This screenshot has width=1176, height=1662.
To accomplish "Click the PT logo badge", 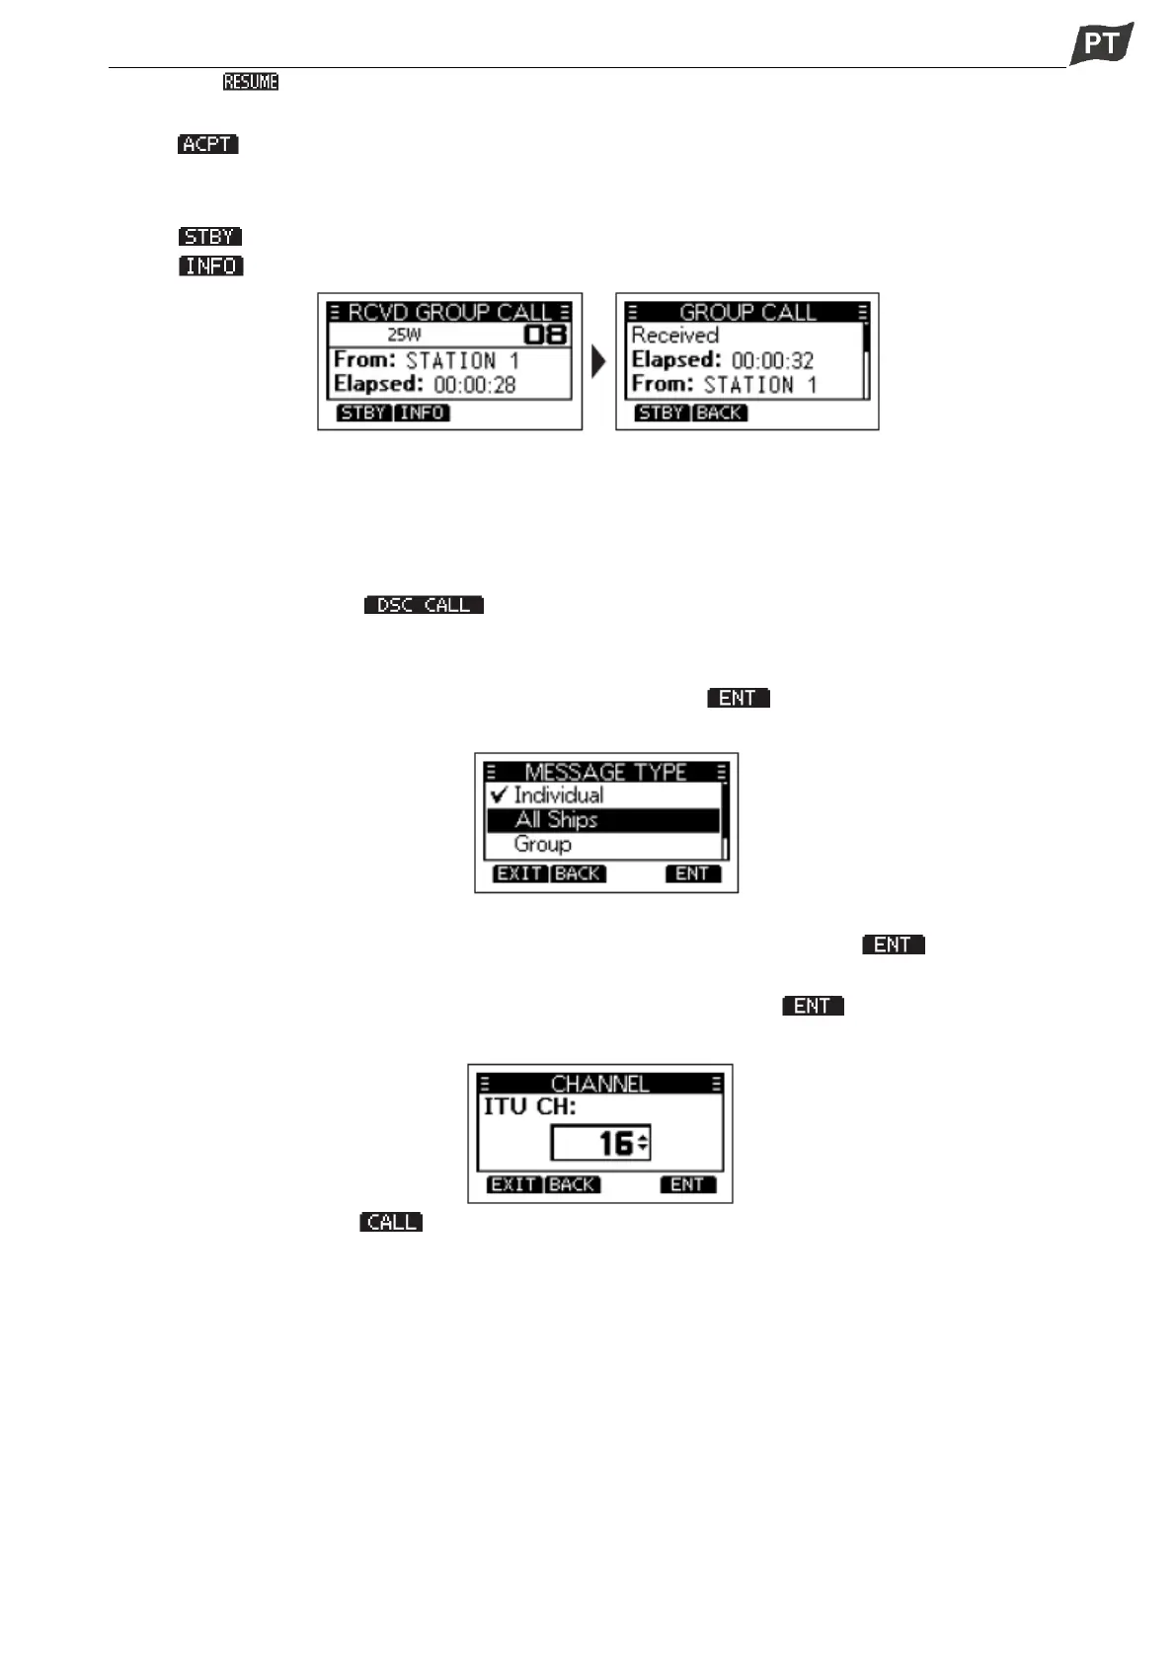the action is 1101,43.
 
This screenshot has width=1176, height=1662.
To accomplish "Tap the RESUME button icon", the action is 251,82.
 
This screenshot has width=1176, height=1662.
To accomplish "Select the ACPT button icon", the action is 208,144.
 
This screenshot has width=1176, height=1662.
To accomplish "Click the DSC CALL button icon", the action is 424,605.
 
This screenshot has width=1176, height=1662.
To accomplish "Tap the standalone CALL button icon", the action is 391,1222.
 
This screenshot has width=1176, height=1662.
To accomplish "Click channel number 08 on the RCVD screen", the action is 546,335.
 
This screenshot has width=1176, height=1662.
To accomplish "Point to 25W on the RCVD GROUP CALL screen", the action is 404,335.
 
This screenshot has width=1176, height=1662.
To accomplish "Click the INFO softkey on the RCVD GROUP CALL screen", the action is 422,413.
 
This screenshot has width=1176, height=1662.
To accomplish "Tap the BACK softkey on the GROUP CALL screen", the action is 719,413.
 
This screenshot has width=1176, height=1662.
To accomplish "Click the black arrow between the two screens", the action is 597,361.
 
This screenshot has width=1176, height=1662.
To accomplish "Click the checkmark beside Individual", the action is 499,794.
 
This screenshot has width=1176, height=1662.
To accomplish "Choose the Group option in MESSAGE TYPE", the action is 542,845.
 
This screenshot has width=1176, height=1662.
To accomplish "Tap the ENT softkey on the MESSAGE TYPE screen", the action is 692,873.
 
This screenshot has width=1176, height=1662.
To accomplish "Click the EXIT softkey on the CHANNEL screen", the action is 513,1184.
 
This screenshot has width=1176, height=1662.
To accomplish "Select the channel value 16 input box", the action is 600,1144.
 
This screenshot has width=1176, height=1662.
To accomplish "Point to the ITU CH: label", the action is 529,1107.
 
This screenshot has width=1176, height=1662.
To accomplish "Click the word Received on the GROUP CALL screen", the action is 674,336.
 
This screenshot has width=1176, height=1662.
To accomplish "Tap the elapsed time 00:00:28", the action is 474,385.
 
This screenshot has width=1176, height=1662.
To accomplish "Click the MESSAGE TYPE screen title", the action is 605,772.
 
